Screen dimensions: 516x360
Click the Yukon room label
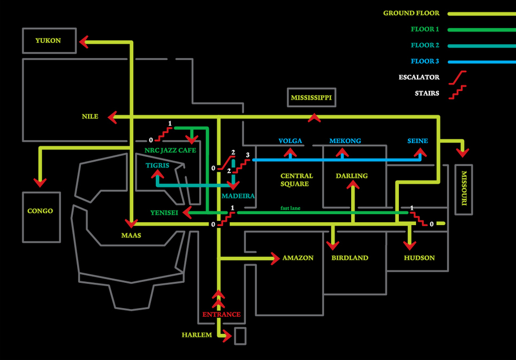click(48, 41)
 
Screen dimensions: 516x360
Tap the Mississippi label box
click(312, 97)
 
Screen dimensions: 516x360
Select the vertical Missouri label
click(464, 188)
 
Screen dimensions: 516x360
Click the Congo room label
click(40, 211)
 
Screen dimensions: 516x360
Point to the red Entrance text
click(222, 314)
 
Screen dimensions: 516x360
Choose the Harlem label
click(197, 335)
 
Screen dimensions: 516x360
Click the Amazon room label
click(298, 258)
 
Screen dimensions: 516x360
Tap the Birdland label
click(350, 258)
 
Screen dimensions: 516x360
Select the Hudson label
click(419, 258)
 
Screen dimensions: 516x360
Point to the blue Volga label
click(290, 141)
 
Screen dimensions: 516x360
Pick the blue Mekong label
click(345, 141)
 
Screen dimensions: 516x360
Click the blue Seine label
click(418, 141)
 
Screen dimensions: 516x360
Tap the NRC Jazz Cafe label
click(170, 150)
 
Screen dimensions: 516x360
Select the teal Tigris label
click(157, 166)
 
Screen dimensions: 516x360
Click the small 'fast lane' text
click(290, 208)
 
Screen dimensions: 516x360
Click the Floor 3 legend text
click(425, 61)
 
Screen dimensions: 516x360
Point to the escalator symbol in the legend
click(458, 78)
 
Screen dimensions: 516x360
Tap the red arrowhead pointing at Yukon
click(84, 42)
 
